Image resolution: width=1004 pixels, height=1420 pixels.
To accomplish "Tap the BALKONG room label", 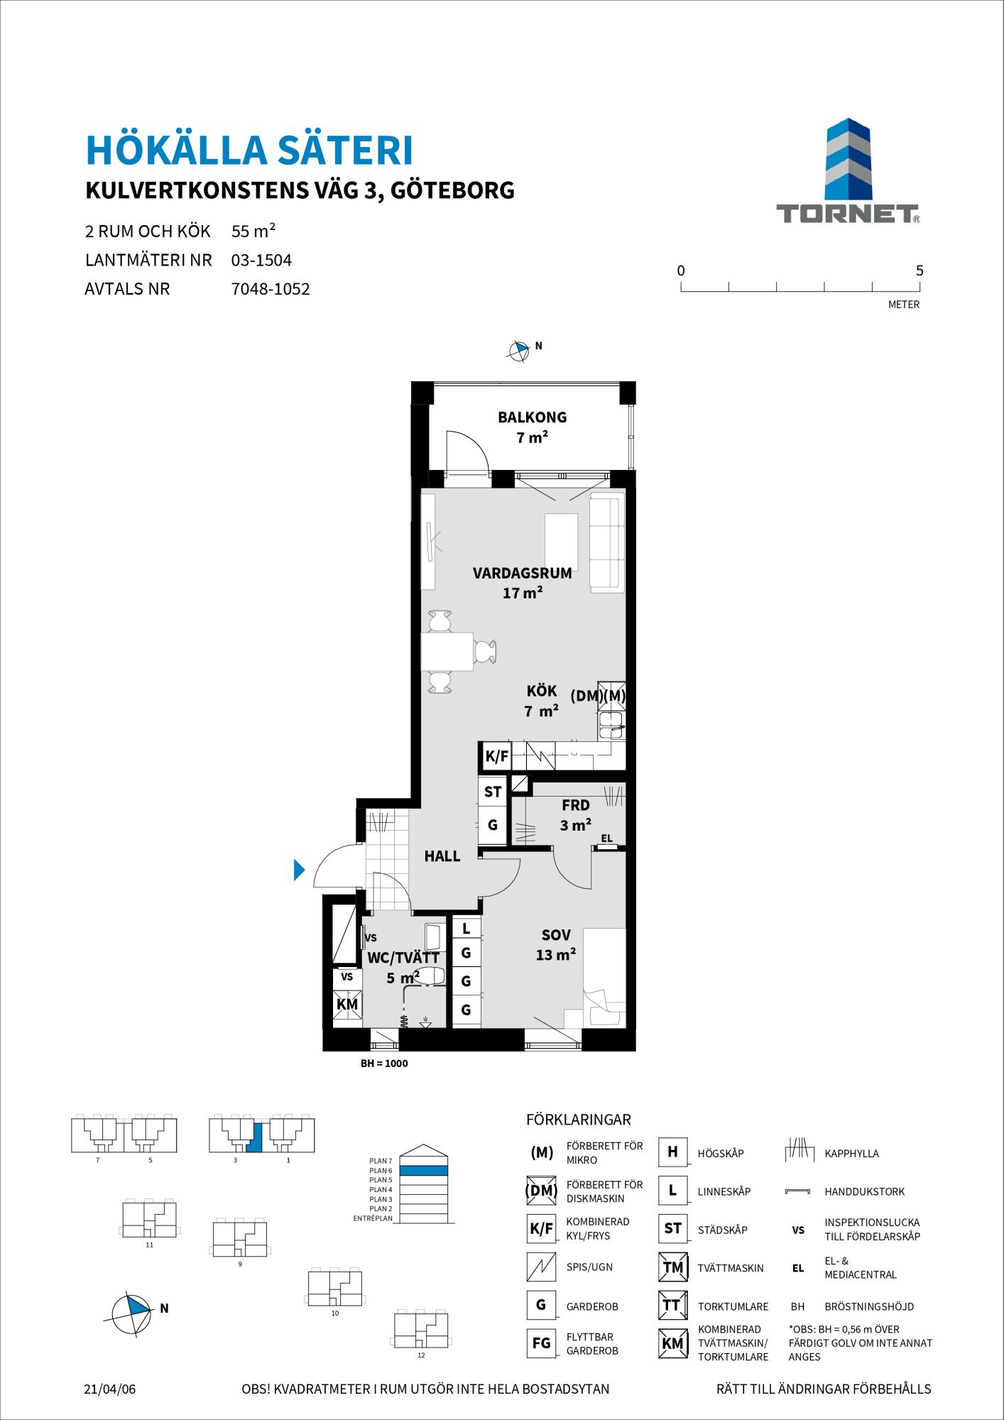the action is (x=532, y=417).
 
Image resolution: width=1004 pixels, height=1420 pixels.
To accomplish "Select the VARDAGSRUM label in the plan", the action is (x=522, y=574).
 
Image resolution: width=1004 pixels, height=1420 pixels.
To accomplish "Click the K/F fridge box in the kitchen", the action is (x=497, y=756).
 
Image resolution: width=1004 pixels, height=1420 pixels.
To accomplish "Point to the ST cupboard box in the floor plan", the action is (x=493, y=792).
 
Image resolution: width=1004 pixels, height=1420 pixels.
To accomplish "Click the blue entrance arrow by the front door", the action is (x=299, y=870).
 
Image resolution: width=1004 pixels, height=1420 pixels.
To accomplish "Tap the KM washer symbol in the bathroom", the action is (x=347, y=1005).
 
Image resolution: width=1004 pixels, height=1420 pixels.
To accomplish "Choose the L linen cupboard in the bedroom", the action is (x=466, y=929).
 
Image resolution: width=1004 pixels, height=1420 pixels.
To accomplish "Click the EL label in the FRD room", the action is (x=606, y=839).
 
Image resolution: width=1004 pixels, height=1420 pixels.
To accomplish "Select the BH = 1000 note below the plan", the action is (x=384, y=1064).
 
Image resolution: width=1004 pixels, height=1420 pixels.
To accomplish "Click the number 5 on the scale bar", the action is (x=920, y=271).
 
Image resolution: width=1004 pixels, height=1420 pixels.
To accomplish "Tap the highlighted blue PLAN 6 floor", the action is (x=423, y=1170).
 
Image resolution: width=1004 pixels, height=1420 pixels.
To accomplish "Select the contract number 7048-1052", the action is (x=271, y=289).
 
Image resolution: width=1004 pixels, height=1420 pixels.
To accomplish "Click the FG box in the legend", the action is (x=541, y=1343).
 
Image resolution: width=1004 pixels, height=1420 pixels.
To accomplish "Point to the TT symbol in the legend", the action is (x=672, y=1305).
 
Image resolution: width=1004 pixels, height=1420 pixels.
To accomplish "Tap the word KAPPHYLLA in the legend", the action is (x=851, y=1154).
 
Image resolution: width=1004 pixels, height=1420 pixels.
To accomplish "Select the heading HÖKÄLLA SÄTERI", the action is (x=249, y=151).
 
